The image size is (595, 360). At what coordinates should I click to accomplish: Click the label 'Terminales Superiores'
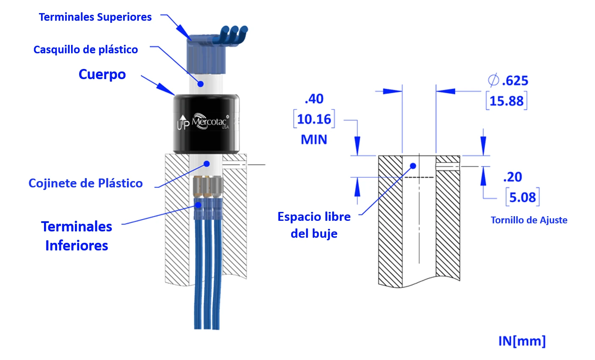click(95, 17)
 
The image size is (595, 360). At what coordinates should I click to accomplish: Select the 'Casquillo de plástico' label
click(85, 50)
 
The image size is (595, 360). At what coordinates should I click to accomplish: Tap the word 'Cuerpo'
click(102, 74)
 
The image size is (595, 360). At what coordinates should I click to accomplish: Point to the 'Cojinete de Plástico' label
click(85, 184)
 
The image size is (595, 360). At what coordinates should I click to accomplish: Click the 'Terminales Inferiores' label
click(77, 236)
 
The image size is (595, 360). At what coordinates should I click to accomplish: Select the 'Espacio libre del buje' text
click(314, 225)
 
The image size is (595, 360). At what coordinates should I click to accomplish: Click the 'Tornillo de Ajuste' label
click(529, 220)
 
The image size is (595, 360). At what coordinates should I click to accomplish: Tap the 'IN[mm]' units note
click(522, 341)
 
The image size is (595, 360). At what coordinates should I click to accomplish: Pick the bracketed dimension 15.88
click(507, 101)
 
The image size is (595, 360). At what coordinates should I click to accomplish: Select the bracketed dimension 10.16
click(314, 119)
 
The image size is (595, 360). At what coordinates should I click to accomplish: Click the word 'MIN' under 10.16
click(314, 140)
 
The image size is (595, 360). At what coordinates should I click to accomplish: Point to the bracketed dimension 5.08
click(522, 198)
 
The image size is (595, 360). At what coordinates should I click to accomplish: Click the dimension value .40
click(314, 99)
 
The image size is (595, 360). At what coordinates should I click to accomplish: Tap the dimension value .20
click(512, 177)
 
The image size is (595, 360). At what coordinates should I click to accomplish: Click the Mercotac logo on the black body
click(210, 121)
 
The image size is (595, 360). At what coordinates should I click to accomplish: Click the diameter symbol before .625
click(493, 80)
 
